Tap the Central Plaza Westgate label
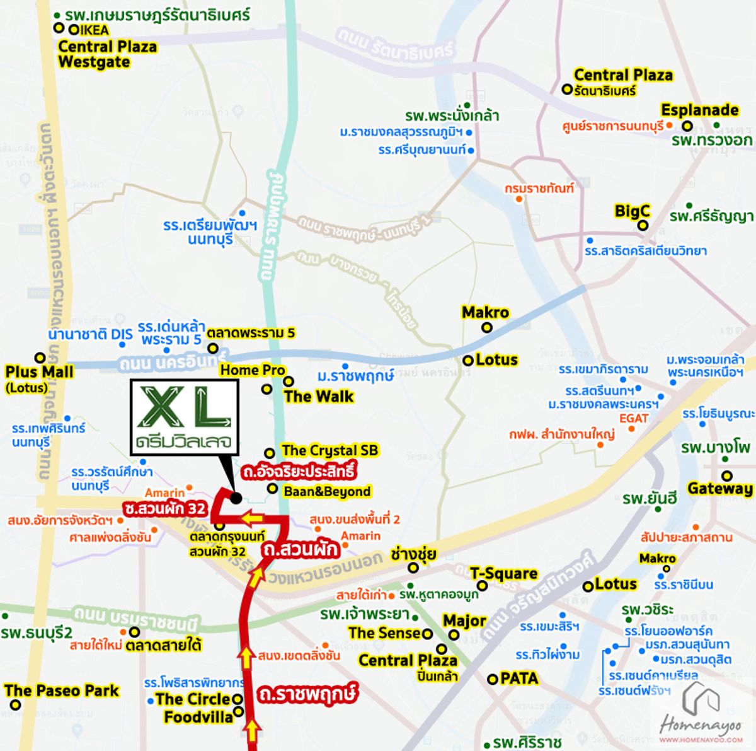(x=107, y=54)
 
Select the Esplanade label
(x=699, y=110)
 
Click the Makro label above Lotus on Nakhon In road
(x=485, y=312)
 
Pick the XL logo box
(x=185, y=417)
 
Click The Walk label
(x=319, y=397)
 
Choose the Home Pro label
(x=253, y=370)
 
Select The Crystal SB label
(x=330, y=450)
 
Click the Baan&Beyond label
(x=327, y=491)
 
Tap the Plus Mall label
(x=39, y=372)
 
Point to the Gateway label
(x=720, y=489)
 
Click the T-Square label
(x=503, y=574)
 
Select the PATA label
(x=519, y=678)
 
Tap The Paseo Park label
(x=62, y=691)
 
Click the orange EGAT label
(x=633, y=418)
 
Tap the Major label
(x=464, y=621)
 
